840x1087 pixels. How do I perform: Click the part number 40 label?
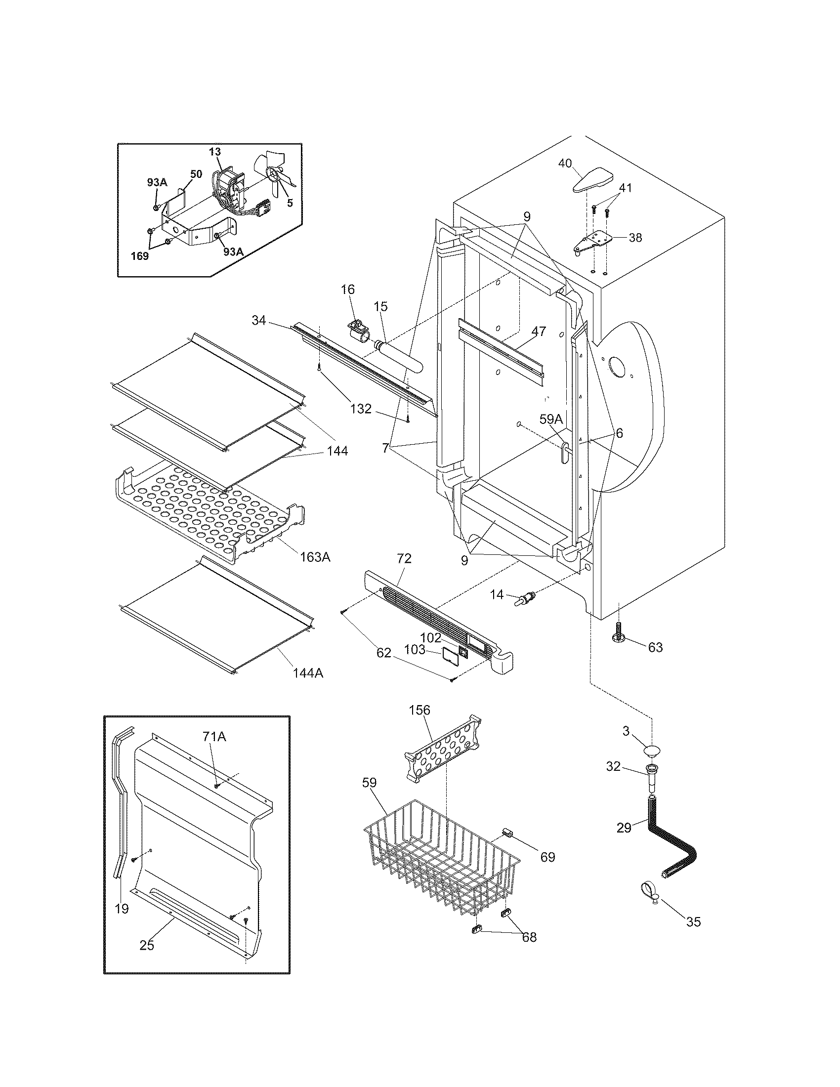[x=565, y=163]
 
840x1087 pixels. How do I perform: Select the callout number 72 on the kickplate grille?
[x=404, y=558]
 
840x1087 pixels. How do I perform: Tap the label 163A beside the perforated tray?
[x=315, y=557]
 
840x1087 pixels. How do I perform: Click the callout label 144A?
[x=307, y=673]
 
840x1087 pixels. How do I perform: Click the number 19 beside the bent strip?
[x=122, y=908]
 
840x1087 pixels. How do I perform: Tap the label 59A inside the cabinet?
[x=551, y=419]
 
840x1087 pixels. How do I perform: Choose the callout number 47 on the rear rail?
[x=539, y=331]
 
